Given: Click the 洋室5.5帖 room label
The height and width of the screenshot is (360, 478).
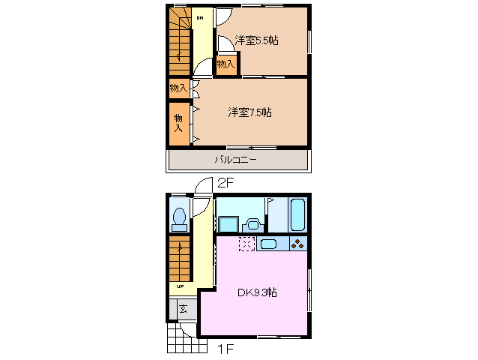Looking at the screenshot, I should point(256,40).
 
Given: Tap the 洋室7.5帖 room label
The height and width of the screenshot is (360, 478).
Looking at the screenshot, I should point(249,112).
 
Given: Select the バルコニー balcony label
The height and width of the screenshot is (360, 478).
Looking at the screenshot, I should point(236,160).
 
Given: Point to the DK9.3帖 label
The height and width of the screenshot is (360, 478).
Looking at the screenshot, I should point(257,292).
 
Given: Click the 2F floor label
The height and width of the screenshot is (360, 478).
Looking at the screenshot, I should point(226,182).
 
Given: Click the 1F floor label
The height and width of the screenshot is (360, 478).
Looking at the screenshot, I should point(226,349).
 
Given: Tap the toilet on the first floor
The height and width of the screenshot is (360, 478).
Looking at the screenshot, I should point(179,218).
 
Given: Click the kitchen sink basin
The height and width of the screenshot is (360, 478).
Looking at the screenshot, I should point(270,244).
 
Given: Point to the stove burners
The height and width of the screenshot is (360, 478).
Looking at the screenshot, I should point(297,244).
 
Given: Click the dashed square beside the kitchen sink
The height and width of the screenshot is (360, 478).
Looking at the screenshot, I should point(246,244).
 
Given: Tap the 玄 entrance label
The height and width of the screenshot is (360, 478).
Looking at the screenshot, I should point(183,307).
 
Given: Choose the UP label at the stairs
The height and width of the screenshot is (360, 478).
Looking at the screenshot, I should point(180,286).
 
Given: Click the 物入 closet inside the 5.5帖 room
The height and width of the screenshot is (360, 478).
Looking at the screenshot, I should point(226,64).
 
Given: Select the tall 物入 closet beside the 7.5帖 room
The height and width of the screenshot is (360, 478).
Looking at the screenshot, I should point(179,123).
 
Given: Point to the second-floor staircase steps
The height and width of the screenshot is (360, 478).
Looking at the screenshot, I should point(179,45).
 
